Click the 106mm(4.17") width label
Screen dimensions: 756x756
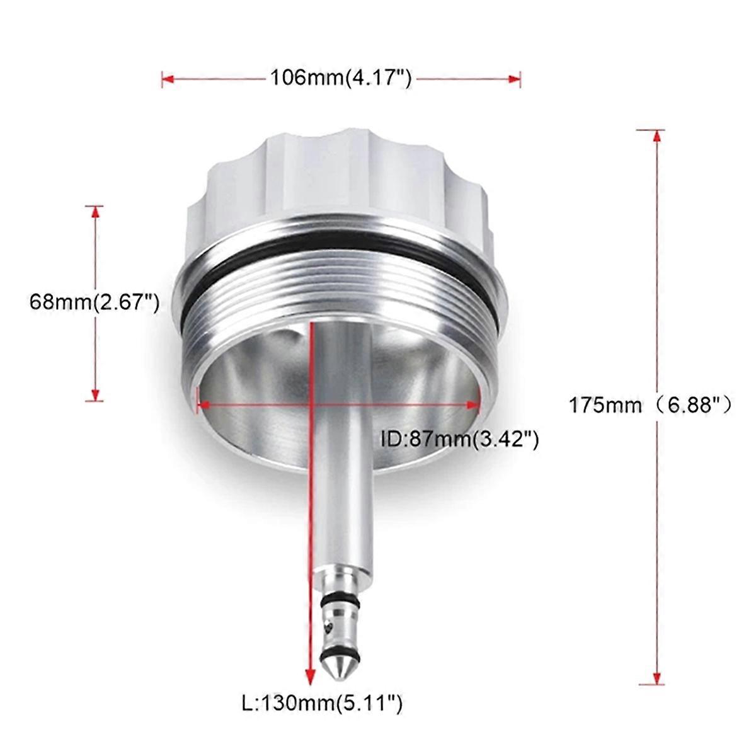click(341, 78)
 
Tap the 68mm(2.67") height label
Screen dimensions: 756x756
click(93, 302)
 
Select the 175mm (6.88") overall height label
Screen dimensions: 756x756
click(650, 404)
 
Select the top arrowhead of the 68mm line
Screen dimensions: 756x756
click(95, 211)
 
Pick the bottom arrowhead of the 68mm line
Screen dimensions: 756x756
click(95, 395)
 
